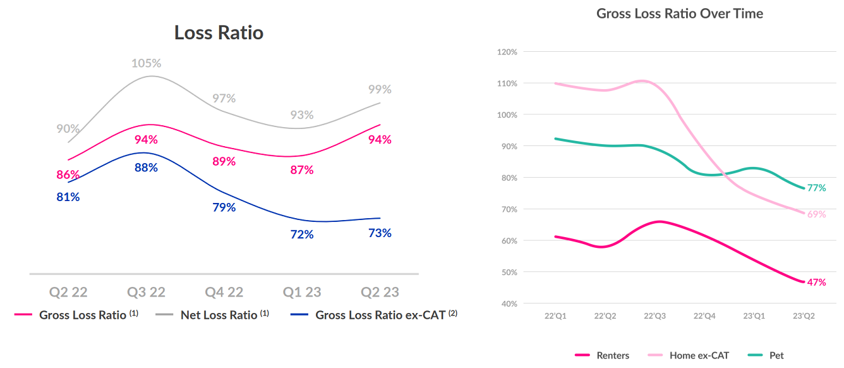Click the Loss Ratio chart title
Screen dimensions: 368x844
219,33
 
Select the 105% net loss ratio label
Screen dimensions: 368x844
146,63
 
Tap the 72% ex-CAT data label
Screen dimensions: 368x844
302,235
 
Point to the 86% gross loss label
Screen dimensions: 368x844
68,175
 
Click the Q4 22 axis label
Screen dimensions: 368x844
224,292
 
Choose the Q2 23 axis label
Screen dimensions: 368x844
380,292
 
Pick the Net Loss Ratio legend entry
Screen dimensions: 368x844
219,315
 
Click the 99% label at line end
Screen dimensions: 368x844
380,90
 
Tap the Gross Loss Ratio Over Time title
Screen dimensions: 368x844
680,13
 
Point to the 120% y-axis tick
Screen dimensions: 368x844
507,52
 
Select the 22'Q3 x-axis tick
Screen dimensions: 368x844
654,316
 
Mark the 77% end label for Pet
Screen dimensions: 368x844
816,188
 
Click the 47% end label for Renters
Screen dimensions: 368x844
816,282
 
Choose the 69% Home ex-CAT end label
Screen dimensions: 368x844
816,214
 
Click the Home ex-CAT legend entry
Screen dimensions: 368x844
699,355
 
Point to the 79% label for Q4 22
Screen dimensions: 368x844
224,207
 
